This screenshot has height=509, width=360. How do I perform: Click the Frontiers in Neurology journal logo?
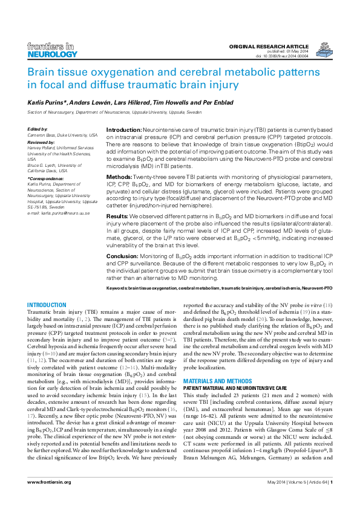tap(53, 50)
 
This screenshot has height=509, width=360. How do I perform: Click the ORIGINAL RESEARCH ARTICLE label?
tap(269, 47)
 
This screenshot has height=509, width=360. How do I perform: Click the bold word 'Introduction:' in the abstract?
tap(124, 131)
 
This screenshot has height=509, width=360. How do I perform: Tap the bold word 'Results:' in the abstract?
tap(117, 215)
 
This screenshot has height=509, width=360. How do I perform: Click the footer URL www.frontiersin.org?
tap(49, 499)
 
